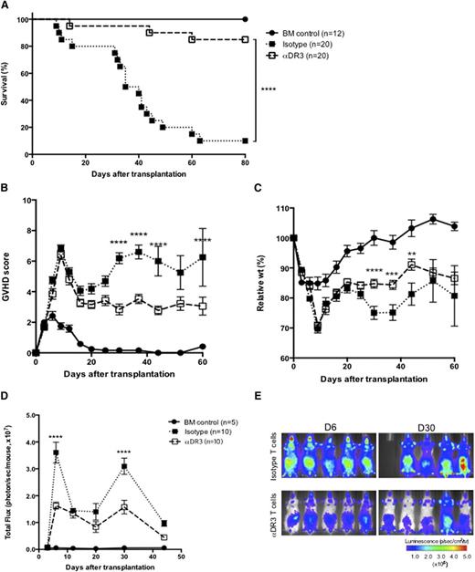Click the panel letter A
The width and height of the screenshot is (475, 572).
coord(6,6)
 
